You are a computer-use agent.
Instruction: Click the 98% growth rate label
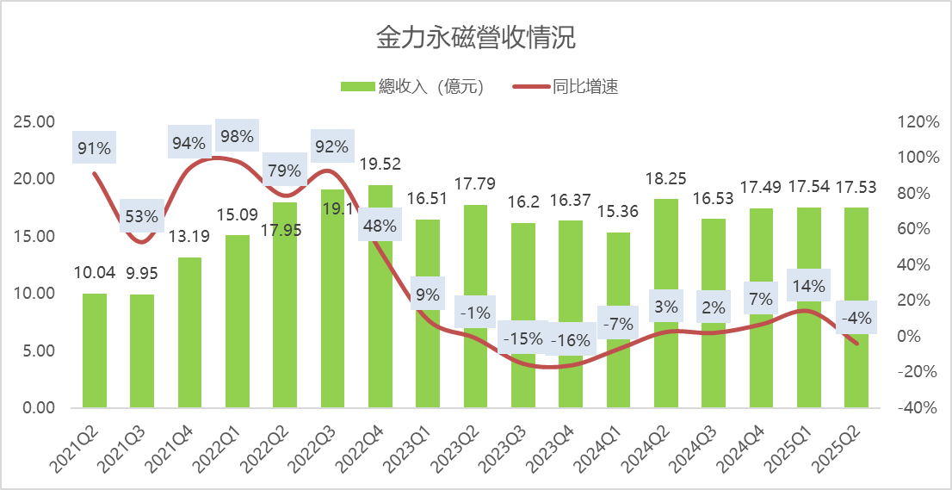[x=237, y=135]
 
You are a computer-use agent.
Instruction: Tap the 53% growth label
[x=141, y=215]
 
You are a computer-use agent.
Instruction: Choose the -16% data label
[x=571, y=340]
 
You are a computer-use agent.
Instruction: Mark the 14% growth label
[x=809, y=286]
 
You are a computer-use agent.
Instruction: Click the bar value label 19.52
[x=380, y=164]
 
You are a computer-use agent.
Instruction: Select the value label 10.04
[x=95, y=273]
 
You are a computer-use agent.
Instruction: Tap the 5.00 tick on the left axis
[x=39, y=350]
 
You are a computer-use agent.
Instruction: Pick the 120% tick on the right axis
[x=918, y=121]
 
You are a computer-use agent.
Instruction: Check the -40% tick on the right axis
[x=917, y=408]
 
